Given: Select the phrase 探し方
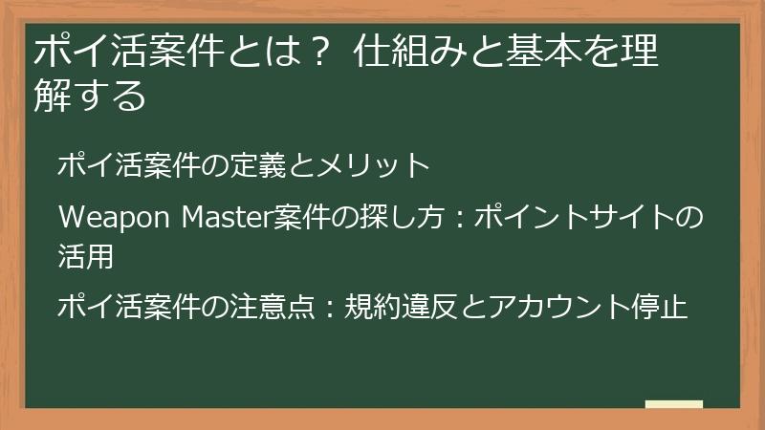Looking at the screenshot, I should point(382,217).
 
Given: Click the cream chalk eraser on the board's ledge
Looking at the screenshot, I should point(673,404).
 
